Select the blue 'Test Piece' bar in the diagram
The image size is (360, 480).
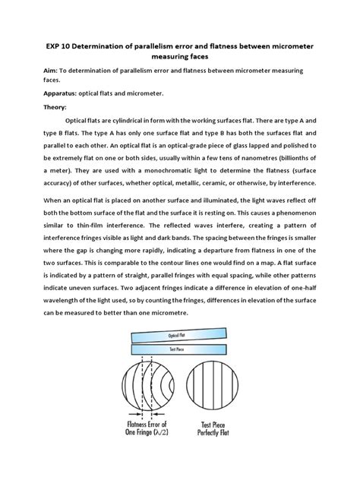pyautogui.click(x=179, y=351)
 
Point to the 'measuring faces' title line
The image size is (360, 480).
pyautogui.click(x=179, y=58)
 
